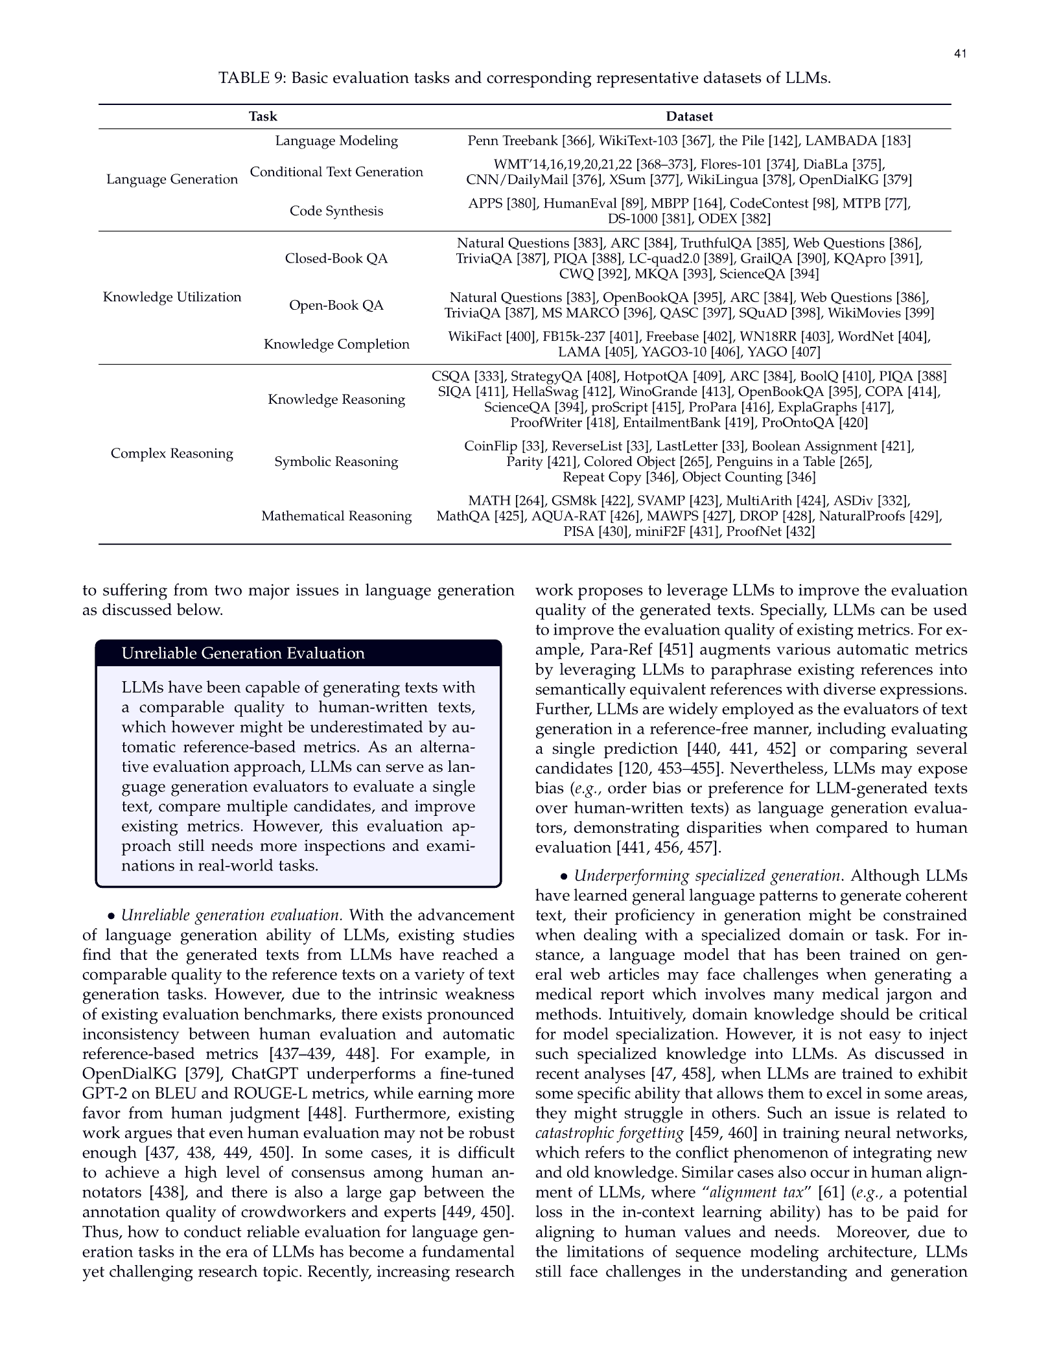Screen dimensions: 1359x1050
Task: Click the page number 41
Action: (x=960, y=54)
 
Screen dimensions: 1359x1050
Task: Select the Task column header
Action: (x=262, y=117)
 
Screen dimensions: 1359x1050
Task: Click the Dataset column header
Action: (x=689, y=117)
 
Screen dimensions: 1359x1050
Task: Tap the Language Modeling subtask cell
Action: (x=336, y=141)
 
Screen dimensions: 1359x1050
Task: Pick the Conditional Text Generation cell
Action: (x=336, y=172)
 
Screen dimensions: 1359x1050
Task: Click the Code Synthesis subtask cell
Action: (x=336, y=211)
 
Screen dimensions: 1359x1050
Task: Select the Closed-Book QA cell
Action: (x=336, y=259)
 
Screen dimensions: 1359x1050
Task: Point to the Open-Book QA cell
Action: (x=336, y=305)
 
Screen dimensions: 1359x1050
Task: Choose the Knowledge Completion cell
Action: (x=336, y=344)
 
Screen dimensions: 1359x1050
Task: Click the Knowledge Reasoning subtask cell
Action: (x=336, y=399)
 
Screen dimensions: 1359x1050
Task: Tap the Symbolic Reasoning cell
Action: (x=336, y=461)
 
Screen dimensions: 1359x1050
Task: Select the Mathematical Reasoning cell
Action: (x=336, y=516)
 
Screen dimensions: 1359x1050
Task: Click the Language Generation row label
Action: (x=172, y=180)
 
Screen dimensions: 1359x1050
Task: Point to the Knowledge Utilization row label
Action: (x=172, y=297)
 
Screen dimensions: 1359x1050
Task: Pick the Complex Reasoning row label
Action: (x=172, y=454)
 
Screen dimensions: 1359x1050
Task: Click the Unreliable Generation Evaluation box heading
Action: (x=243, y=653)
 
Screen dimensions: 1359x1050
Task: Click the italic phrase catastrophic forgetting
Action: (x=609, y=1133)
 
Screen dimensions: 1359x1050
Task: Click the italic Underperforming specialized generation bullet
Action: (x=707, y=876)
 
